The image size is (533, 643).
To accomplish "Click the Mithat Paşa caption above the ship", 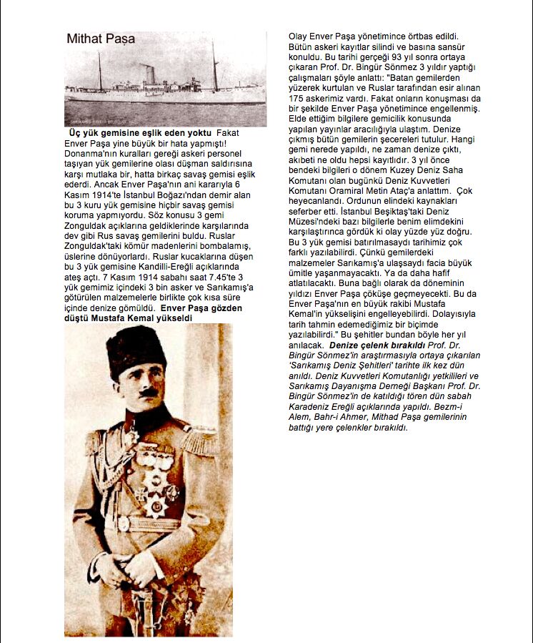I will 101,39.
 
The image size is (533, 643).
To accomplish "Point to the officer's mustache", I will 146,392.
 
